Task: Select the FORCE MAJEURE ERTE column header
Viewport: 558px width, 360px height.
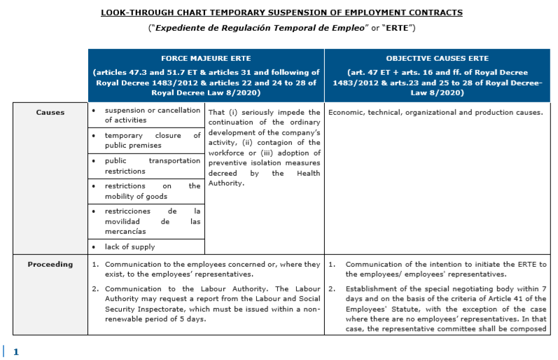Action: click(206, 58)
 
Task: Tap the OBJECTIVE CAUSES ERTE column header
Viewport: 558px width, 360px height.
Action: click(438, 58)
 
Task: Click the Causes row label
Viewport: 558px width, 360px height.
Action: click(50, 112)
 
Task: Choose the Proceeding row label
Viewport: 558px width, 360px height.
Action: click(50, 264)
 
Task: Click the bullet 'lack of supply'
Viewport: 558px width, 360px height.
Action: click(130, 247)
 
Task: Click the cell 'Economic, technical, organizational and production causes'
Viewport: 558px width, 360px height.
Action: click(435, 112)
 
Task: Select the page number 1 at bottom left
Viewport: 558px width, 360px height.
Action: click(16, 352)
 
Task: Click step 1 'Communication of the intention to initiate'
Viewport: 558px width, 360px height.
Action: click(441, 269)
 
